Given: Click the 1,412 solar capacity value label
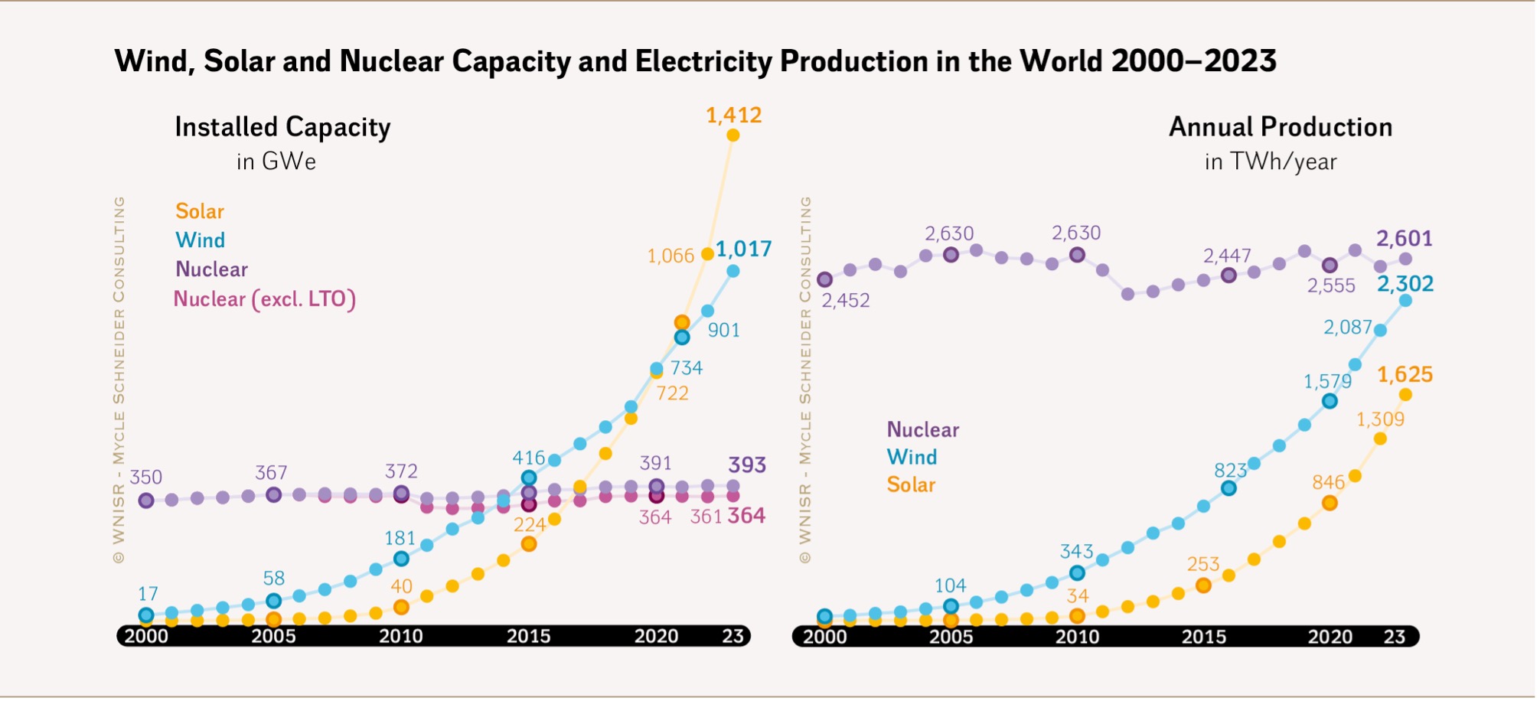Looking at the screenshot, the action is (733, 116).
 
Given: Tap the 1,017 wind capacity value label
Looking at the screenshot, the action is (743, 249).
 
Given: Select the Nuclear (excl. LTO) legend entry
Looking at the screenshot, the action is (265, 298).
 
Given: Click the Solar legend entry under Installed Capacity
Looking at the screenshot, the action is (200, 211).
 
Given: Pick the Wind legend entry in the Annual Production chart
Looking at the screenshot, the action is (912, 457).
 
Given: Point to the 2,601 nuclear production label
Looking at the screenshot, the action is (1405, 239).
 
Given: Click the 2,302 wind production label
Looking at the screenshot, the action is (1405, 284).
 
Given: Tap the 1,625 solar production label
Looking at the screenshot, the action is (1405, 375).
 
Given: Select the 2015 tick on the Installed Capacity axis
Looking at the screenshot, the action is (528, 636).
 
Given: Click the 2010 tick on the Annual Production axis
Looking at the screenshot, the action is (1077, 636).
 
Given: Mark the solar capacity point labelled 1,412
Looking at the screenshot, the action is (732, 135).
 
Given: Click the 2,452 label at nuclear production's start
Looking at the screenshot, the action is (846, 301).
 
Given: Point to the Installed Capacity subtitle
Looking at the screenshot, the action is (282, 127).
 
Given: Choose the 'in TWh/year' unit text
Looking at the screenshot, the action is (1271, 161).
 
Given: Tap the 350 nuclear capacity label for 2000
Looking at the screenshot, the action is (145, 478).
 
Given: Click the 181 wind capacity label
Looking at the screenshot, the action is (400, 539).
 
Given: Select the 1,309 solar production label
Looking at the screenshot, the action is (1380, 419).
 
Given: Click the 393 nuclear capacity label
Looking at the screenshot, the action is (747, 465).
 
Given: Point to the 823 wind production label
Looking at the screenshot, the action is (1230, 471).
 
